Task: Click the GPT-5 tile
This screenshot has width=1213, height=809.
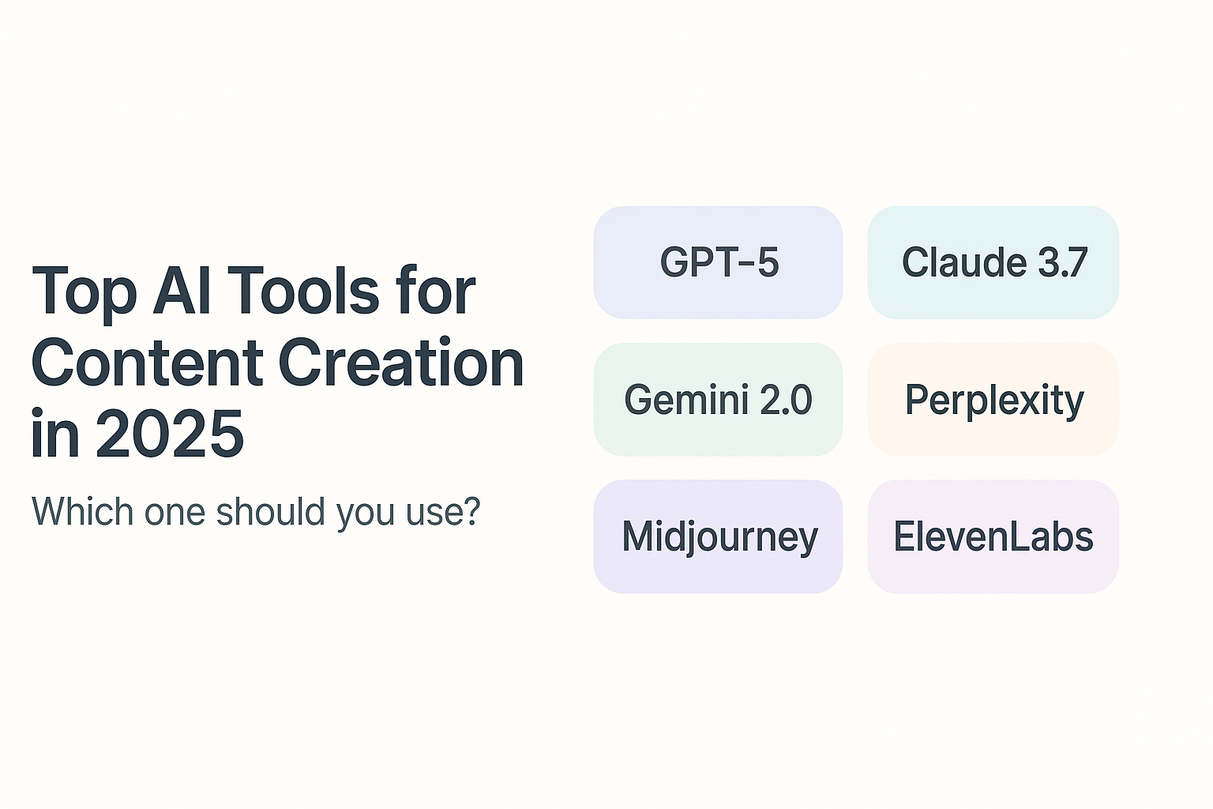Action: [x=718, y=262]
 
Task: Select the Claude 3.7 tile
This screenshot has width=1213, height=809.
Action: [x=993, y=262]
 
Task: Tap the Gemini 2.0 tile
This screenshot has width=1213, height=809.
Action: [x=718, y=399]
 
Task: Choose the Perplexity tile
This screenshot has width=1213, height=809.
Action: [x=993, y=399]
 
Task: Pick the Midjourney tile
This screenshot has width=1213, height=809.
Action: [x=718, y=536]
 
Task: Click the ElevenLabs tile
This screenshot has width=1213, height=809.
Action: [x=993, y=536]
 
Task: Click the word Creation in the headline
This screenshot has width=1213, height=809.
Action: [x=401, y=361]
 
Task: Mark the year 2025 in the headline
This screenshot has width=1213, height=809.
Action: [x=170, y=434]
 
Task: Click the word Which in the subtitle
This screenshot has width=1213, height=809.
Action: [x=82, y=511]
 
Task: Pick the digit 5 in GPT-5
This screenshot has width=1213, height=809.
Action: [x=768, y=263]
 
